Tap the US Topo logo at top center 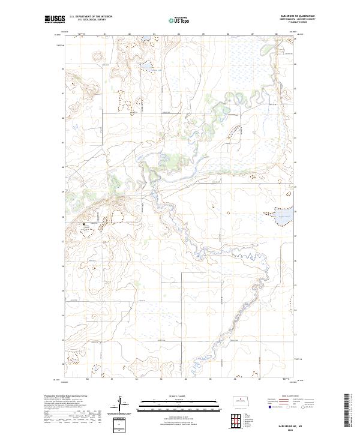(x=181, y=19)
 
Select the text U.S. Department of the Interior (x=91, y=17)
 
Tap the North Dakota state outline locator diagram (x=243, y=401)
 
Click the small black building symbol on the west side (x=84, y=224)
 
